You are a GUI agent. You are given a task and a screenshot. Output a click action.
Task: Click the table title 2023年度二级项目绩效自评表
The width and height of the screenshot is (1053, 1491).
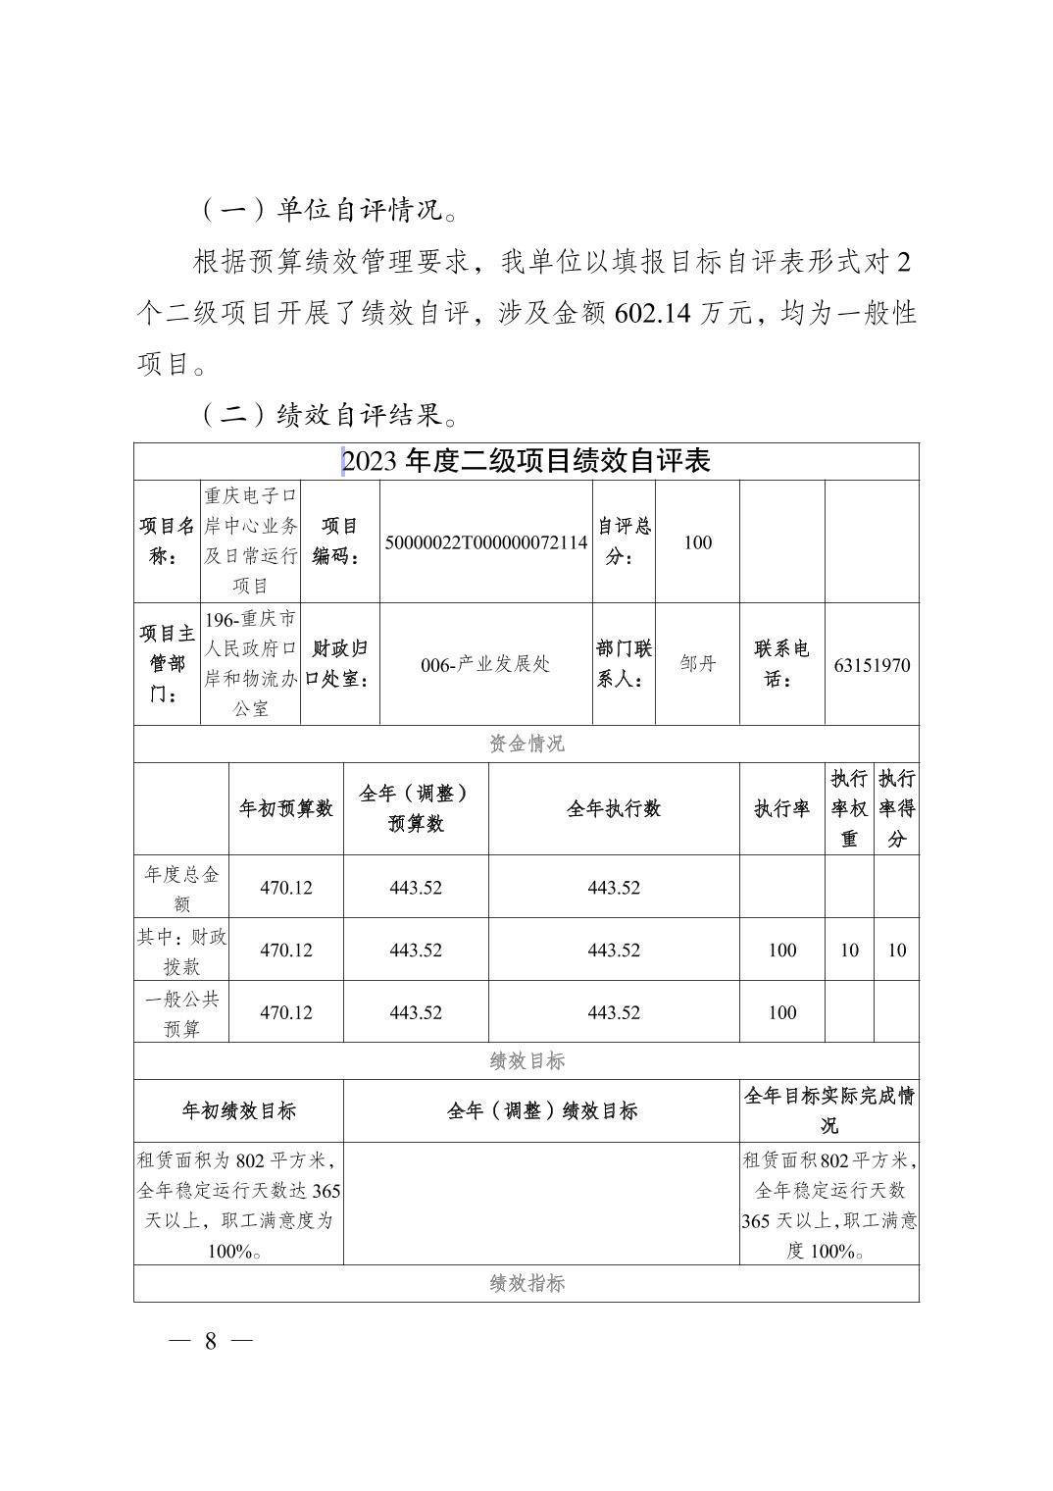[x=526, y=461]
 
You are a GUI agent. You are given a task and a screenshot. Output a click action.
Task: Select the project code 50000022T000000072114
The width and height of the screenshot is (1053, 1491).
[x=486, y=541]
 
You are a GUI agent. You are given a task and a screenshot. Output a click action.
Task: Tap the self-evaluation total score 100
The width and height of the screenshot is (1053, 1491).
[x=697, y=541]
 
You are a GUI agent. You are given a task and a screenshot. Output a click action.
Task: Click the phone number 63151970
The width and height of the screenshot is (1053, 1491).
[x=872, y=665]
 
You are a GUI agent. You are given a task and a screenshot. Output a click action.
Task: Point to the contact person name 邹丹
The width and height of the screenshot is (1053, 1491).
[x=697, y=664]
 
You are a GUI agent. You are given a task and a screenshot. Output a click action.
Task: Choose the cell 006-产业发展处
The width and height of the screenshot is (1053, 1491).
[x=486, y=664]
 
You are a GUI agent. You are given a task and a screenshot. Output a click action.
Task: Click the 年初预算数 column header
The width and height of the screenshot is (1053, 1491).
[x=286, y=808]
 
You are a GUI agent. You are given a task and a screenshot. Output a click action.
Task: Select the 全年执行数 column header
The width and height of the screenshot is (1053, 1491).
[x=614, y=808]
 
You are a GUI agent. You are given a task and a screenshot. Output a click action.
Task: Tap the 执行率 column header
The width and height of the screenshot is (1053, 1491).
[x=781, y=808]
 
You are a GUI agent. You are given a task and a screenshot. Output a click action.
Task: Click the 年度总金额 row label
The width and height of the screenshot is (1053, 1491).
[x=181, y=887]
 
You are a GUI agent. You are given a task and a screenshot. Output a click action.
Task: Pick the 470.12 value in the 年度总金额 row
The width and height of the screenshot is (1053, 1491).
[x=286, y=887]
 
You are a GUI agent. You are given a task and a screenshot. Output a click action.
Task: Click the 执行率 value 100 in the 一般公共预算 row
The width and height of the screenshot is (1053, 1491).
[x=781, y=1012]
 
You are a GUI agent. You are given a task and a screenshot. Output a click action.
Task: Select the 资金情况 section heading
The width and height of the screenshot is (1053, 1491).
[x=526, y=744]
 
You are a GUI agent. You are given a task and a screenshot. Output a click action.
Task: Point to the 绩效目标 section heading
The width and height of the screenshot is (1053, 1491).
[x=526, y=1060]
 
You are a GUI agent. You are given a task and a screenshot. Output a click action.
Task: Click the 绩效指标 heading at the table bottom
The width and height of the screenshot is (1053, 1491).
[x=526, y=1283]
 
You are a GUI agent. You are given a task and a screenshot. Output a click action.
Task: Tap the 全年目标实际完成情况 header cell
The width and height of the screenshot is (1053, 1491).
[x=828, y=1109]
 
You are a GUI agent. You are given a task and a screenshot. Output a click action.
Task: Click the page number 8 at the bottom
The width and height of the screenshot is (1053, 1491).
[x=210, y=1341]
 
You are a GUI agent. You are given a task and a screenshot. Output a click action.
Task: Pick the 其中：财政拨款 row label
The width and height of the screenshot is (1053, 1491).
[x=181, y=950]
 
